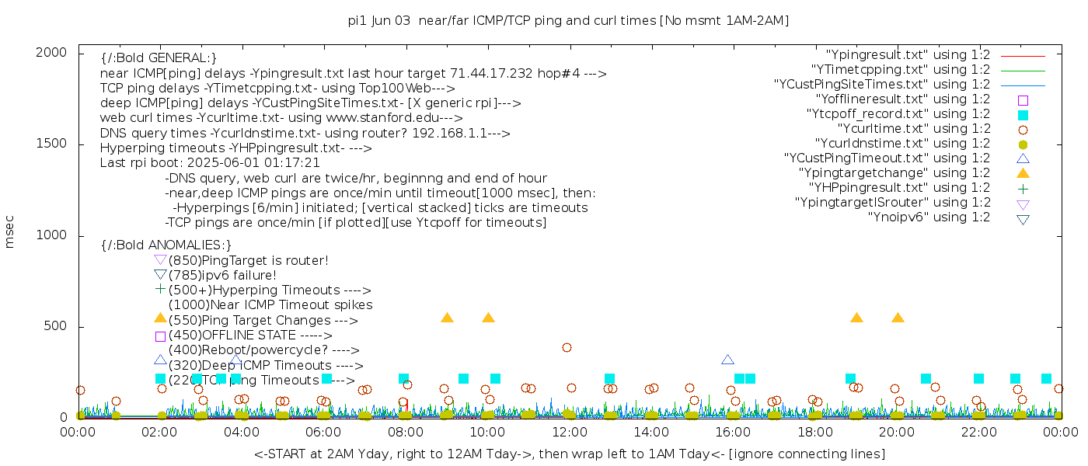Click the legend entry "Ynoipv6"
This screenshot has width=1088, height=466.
click(929, 217)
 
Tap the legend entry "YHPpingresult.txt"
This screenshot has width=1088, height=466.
click(899, 188)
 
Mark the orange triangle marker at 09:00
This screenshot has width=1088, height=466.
click(447, 318)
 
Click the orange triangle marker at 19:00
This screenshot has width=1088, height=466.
click(856, 318)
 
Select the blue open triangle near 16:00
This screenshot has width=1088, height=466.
click(727, 360)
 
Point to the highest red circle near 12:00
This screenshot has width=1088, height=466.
click(567, 347)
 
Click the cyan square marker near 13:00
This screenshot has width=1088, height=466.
click(609, 379)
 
